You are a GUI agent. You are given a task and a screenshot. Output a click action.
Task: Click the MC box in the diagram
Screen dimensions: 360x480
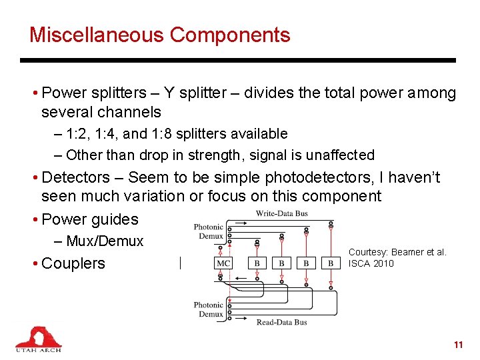(x=223, y=263)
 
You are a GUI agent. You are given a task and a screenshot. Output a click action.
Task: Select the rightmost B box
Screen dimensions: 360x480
(x=331, y=263)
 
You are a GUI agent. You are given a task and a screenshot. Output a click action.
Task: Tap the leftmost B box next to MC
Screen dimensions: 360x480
(x=257, y=263)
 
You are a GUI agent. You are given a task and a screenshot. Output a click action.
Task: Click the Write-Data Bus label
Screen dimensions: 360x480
(x=282, y=214)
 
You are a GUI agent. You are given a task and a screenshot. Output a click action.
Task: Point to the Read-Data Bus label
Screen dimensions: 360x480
(x=282, y=323)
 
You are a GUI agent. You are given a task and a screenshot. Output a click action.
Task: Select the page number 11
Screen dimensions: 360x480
(x=457, y=345)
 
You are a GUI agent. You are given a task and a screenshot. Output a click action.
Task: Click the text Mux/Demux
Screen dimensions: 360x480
(x=105, y=241)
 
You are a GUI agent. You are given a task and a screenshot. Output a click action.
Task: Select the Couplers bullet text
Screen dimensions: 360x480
(x=73, y=263)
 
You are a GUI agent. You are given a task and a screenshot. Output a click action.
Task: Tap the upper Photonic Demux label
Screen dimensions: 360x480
(x=208, y=231)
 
